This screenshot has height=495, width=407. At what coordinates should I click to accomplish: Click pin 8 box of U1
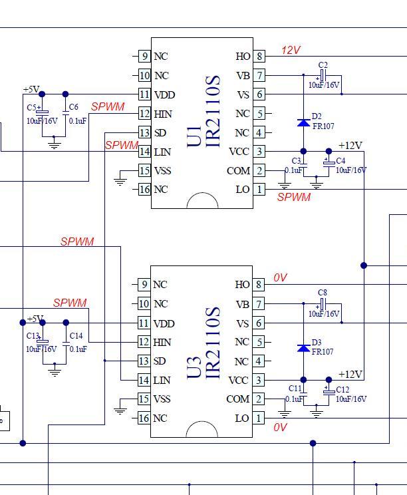point(259,56)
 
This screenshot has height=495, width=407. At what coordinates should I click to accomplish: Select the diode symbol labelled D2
point(303,122)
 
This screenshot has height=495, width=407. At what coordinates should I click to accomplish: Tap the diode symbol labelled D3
point(303,348)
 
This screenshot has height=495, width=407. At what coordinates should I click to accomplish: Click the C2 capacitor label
point(323,65)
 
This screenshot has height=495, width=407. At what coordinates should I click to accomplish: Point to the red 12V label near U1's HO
point(291,50)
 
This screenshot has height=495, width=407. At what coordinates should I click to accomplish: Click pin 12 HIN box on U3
point(144,342)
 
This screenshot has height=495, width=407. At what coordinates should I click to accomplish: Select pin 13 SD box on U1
point(144,132)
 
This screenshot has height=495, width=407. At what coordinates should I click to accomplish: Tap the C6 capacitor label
point(73,106)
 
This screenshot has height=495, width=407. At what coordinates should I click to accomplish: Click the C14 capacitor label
point(76,335)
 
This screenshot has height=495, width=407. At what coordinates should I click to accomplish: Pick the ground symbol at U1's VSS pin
point(120,182)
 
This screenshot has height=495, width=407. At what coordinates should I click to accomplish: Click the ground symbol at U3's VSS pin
point(120,410)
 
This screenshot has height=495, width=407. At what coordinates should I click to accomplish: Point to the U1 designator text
point(194,136)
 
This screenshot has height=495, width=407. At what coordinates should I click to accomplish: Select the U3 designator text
point(194,368)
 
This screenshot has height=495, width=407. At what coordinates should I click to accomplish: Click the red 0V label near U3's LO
point(280,427)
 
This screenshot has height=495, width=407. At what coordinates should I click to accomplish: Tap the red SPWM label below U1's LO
point(294,197)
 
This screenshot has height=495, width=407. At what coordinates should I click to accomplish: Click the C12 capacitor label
point(342,390)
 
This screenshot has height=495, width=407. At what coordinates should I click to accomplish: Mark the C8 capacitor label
point(323,293)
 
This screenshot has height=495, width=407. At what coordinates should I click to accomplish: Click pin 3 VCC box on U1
point(259,151)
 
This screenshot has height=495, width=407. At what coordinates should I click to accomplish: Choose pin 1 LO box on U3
point(259,418)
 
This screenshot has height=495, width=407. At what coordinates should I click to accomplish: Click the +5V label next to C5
point(31,89)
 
